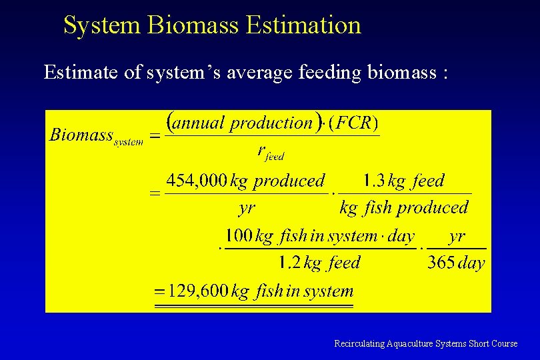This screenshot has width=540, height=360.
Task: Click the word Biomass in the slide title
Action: click(x=194, y=25)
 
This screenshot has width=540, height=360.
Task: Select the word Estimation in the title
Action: click(x=303, y=25)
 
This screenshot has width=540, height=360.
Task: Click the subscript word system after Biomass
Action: click(x=129, y=142)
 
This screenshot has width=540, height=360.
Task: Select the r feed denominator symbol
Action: click(x=271, y=152)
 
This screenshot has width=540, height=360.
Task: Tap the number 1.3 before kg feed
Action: click(x=373, y=181)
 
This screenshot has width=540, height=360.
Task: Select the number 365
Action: click(x=441, y=263)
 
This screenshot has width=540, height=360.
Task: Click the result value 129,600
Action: click(x=198, y=291)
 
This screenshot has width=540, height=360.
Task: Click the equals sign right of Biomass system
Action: click(x=155, y=136)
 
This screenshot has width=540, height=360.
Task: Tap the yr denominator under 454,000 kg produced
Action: click(x=247, y=208)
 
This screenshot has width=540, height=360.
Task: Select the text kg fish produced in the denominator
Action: click(x=404, y=208)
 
